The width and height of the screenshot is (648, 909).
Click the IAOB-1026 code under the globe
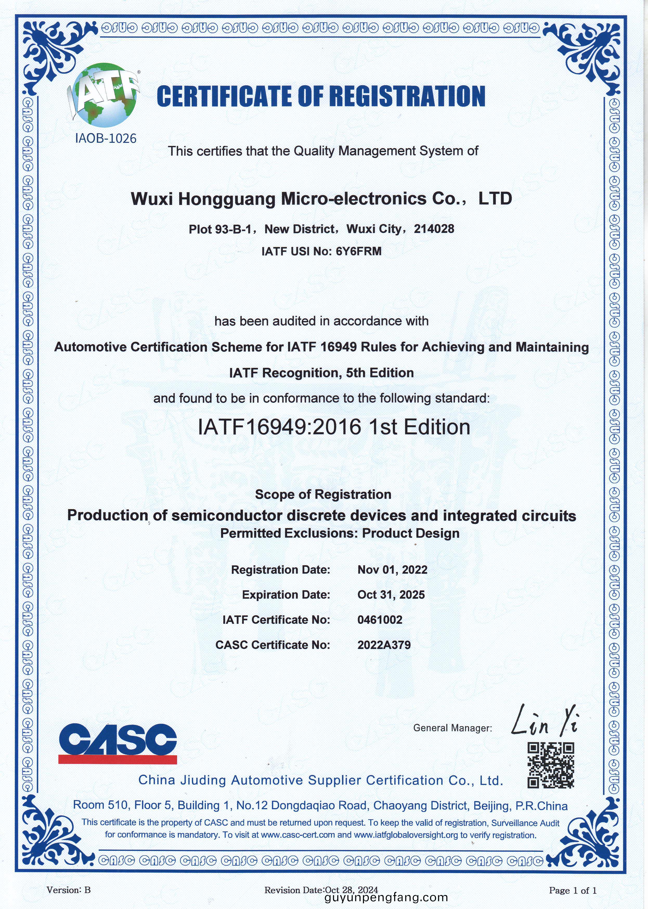coord(106,139)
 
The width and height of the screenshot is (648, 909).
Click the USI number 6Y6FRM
coord(359,251)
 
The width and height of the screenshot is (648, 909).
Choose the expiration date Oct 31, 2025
coord(391,595)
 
